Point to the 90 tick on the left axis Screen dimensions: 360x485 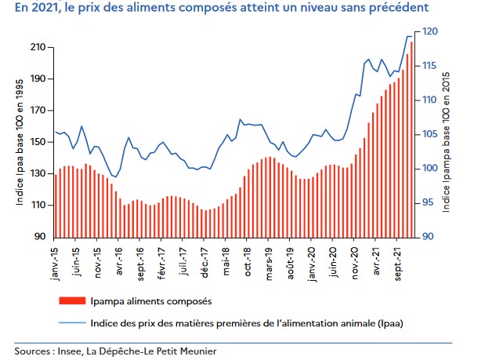coord(38,237)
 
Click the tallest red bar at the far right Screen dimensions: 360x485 coord(411,138)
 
